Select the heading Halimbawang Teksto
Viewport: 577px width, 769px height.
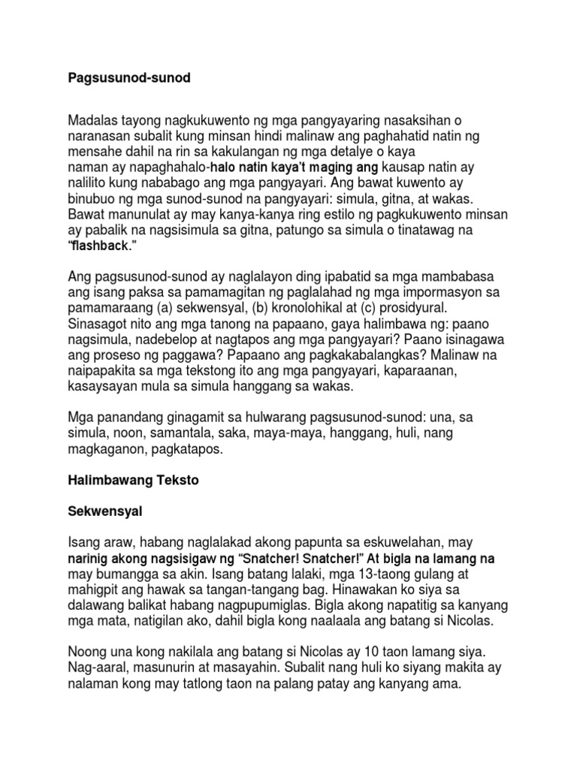pyautogui.click(x=133, y=481)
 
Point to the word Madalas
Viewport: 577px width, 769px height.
pyautogui.click(x=94, y=122)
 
